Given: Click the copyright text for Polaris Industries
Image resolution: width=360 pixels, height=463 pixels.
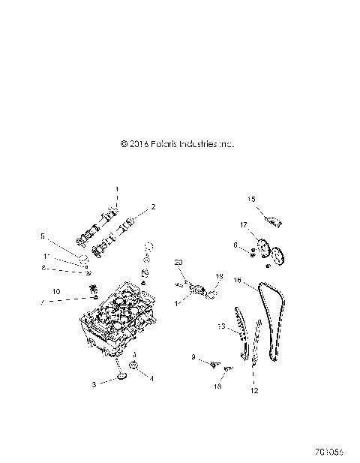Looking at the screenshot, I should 177,143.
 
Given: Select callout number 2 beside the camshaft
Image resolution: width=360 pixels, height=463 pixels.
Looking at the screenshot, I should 153,206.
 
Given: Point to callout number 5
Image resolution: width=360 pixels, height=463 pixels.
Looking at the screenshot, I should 43,236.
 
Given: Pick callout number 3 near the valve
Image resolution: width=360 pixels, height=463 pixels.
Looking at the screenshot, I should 94,383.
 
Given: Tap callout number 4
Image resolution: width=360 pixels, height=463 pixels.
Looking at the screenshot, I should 152,379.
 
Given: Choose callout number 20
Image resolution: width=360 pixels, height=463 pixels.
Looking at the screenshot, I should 178,262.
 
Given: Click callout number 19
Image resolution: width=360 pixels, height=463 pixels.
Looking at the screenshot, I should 220,277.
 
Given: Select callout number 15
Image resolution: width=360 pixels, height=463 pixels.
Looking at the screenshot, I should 252,198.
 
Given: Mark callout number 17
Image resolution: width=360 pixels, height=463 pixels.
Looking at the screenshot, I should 244,224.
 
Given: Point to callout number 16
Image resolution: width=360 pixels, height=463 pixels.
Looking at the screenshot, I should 236,281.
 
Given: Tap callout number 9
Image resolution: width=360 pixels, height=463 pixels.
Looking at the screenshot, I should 193,358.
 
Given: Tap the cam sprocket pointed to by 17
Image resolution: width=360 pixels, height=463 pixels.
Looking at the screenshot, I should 263,246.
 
